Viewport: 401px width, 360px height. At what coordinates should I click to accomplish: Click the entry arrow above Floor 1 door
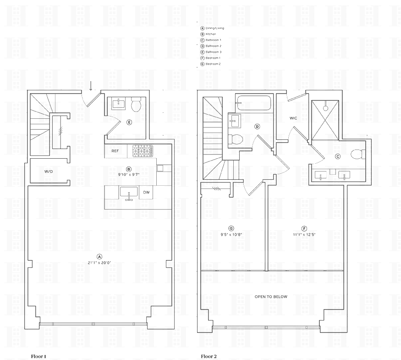pyautogui.click(x=91, y=86)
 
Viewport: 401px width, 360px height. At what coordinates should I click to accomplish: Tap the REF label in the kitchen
pyautogui.click(x=115, y=151)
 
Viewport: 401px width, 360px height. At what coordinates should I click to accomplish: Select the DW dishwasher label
pyautogui.click(x=146, y=192)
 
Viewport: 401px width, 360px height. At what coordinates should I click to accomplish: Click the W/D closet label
pyautogui.click(x=48, y=172)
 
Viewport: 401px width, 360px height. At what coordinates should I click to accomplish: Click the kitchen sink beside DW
pyautogui.click(x=129, y=193)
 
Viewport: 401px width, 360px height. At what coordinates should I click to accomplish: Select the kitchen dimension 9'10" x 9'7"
pyautogui.click(x=129, y=175)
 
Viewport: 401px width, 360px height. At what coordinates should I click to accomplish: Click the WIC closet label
pyautogui.click(x=293, y=118)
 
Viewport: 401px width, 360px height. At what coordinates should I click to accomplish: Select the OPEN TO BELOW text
pyautogui.click(x=271, y=297)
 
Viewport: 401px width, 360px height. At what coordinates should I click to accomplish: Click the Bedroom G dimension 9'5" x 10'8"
pyautogui.click(x=231, y=234)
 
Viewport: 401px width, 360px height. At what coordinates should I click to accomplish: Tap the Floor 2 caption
pyautogui.click(x=209, y=356)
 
